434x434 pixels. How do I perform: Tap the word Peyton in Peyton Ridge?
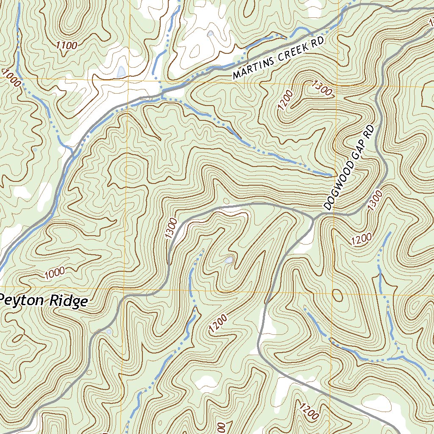pos(24,300)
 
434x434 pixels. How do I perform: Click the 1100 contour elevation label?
pos(66,45)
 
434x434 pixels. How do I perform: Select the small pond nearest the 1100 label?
pos(121,71)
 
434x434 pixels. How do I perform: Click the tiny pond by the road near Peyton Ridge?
pos(109,332)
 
